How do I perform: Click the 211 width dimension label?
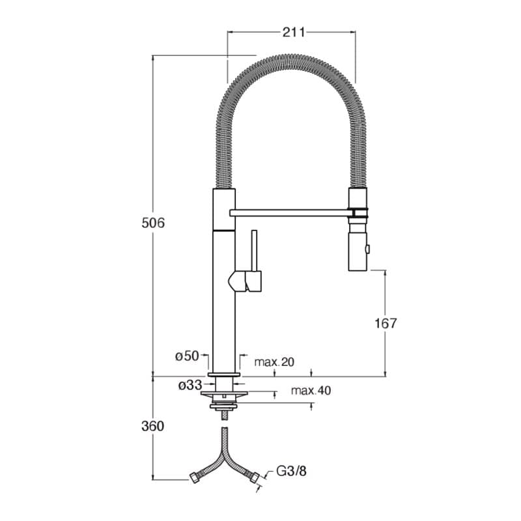(x=294, y=32)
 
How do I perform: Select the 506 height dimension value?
(x=153, y=223)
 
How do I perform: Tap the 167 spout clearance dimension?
(x=386, y=323)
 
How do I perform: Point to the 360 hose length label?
(x=153, y=426)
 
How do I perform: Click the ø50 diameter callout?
(x=187, y=356)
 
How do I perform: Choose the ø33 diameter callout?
(x=190, y=385)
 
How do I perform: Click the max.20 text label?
(x=274, y=362)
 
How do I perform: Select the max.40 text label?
(x=311, y=390)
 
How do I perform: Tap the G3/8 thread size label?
(x=291, y=471)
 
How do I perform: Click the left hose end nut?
(x=193, y=477)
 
